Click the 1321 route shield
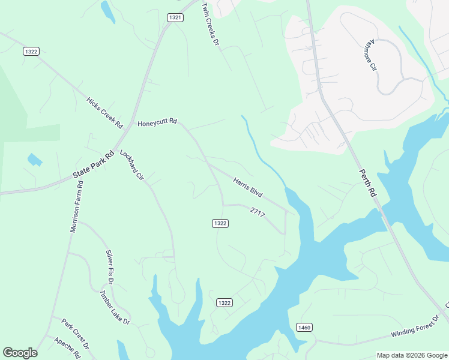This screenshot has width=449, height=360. [175, 18]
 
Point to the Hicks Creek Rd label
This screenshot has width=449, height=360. [104, 112]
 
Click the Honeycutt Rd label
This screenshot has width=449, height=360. [157, 122]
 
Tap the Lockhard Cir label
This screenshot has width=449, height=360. [132, 166]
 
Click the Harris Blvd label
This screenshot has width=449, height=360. [248, 187]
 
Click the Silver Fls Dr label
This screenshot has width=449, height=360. [110, 266]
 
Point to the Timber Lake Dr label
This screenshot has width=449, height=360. [115, 307]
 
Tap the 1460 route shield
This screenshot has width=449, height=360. [304, 327]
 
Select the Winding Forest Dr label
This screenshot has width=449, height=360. [415, 326]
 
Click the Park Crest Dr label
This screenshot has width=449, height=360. [75, 334]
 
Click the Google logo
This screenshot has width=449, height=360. [20, 353]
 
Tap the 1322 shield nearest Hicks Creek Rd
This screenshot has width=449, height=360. [32, 52]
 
